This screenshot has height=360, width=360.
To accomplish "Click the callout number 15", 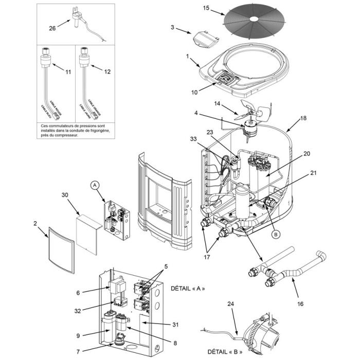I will tap(206, 8).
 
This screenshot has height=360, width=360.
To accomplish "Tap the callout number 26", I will tap(52, 29).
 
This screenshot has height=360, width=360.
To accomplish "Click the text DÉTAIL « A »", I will tap(188, 289).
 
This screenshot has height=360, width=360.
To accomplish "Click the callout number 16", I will tap(300, 304).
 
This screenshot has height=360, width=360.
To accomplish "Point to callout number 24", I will tap(230, 304).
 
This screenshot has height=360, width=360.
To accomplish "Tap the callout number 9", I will tap(78, 336).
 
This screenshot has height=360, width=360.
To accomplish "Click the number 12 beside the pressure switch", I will tap(107, 73).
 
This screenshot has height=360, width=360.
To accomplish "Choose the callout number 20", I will tap(307, 154).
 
